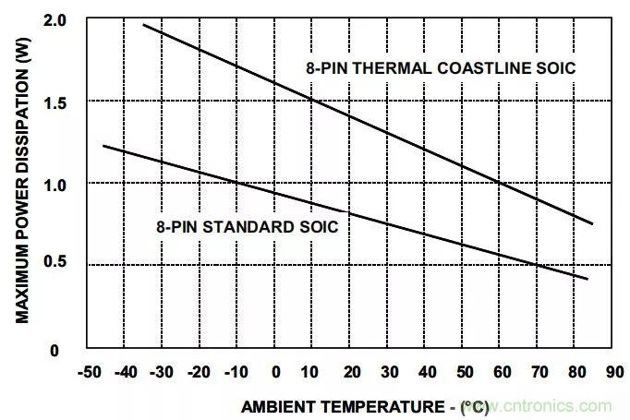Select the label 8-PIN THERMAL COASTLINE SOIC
442,68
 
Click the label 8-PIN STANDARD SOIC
247,225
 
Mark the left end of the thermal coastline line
144,25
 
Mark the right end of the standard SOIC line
588,278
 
